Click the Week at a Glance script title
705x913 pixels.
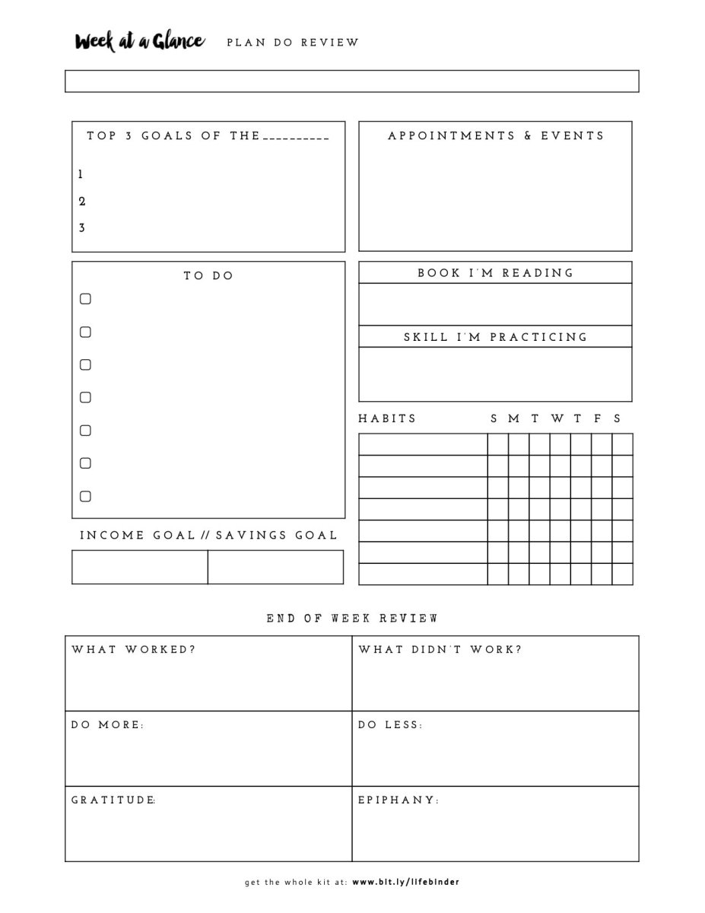139,41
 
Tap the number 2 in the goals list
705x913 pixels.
82,202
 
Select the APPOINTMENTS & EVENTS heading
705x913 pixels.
496,135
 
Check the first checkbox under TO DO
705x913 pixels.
85,299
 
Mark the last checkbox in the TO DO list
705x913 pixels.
85,496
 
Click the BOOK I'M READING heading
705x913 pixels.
495,272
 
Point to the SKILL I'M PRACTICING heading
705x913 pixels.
495,336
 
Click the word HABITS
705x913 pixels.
387,418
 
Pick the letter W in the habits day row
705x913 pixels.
557,418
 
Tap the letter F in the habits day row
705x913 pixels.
598,418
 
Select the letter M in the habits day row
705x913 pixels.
515,418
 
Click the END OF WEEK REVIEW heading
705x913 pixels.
352,619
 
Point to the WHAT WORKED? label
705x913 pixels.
133,650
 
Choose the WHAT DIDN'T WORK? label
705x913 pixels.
440,650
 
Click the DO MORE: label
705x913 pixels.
107,725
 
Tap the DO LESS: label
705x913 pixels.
390,725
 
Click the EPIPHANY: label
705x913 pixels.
399,800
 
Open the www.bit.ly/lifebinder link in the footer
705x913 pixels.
405,883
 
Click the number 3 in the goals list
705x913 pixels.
82,228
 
